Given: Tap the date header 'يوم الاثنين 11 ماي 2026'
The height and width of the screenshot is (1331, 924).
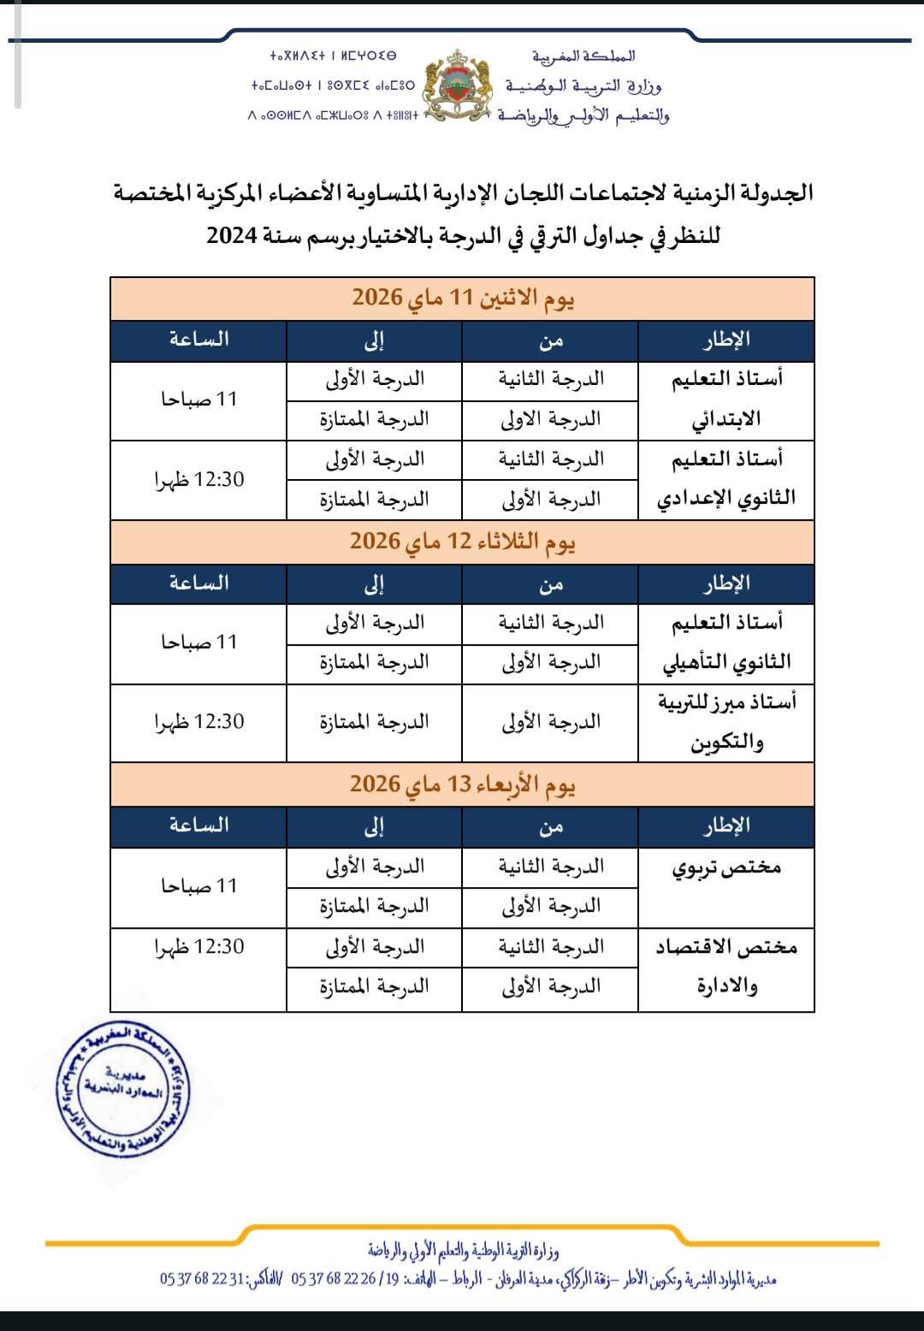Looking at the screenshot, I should click(x=462, y=298).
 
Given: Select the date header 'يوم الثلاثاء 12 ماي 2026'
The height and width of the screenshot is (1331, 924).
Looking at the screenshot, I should click(x=462, y=541).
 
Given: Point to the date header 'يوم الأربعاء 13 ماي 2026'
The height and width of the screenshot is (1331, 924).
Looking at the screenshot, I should click(x=462, y=784).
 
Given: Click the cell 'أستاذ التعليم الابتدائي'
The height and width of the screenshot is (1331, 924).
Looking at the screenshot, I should click(x=726, y=399).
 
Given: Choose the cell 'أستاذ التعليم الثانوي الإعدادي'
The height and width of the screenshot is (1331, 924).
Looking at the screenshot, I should click(x=726, y=479).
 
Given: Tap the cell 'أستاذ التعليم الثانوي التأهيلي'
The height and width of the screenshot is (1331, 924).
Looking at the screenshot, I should click(x=726, y=642).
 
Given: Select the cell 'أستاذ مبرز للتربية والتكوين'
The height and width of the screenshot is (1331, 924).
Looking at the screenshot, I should click(x=726, y=722).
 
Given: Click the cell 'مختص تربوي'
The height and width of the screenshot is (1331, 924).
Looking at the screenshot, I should click(x=726, y=867).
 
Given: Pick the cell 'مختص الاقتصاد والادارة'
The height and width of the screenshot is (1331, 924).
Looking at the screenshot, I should click(x=726, y=967).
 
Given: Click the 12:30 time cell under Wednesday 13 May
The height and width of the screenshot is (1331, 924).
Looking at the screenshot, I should click(x=199, y=947).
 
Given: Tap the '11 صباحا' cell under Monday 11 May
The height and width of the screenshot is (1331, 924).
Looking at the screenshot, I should click(x=199, y=399).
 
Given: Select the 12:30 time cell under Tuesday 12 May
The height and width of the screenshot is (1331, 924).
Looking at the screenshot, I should click(x=199, y=722).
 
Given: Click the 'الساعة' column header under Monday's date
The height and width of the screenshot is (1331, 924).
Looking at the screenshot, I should click(x=199, y=340).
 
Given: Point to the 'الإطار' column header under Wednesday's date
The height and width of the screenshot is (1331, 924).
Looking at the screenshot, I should click(x=726, y=825).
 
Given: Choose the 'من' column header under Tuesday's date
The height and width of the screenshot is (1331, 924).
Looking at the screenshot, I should click(x=550, y=583).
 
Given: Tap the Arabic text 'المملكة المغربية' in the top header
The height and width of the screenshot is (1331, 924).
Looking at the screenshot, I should click(x=583, y=56).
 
